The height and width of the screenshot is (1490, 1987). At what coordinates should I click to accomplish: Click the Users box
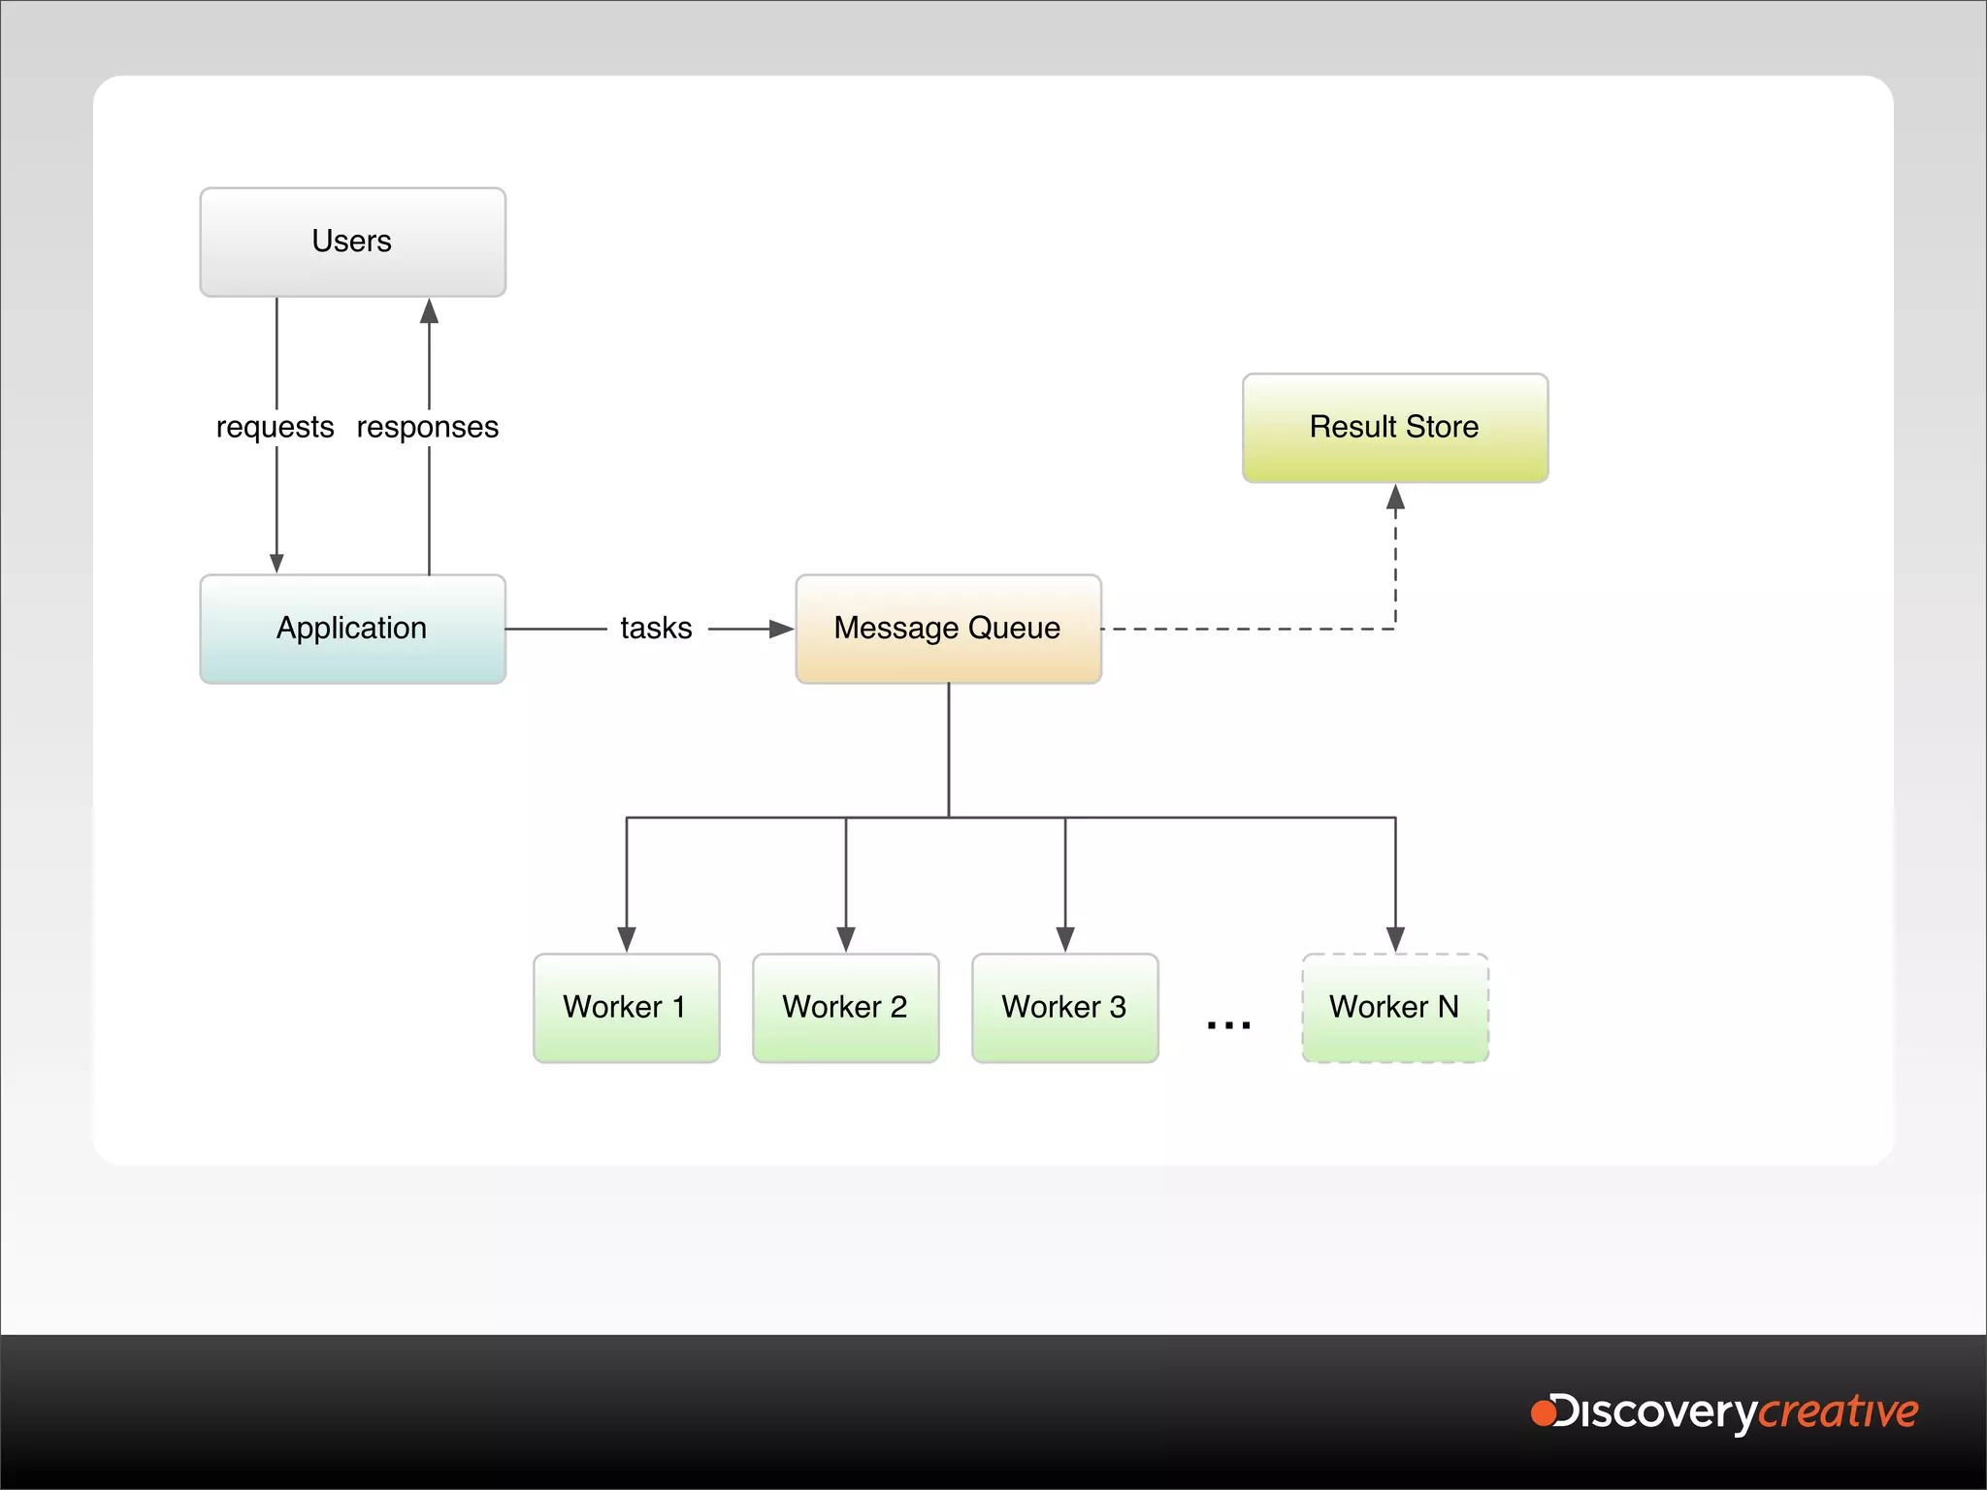(352, 242)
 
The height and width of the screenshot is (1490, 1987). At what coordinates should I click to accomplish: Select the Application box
(352, 629)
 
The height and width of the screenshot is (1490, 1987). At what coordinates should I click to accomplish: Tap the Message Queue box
(948, 629)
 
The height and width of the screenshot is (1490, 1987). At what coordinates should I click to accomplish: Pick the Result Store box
(1394, 428)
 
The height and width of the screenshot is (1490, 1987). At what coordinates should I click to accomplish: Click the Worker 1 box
(626, 1008)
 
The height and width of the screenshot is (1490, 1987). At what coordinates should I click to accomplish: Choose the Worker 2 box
(845, 1008)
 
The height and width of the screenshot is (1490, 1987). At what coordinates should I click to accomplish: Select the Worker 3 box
(1064, 1008)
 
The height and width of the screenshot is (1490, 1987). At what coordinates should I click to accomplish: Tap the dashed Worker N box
(1394, 1008)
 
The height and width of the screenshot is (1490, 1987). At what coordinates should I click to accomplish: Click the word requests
(275, 428)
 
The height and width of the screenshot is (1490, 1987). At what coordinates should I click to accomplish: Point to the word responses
(428, 428)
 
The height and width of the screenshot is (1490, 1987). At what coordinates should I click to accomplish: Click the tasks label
(656, 629)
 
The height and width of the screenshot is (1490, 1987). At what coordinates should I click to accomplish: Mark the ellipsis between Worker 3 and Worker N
(1228, 1024)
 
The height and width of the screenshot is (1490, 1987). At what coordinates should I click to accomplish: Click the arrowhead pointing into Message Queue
(781, 629)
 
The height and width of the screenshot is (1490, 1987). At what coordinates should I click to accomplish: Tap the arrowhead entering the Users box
(429, 311)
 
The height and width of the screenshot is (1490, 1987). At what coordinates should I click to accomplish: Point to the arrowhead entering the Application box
(277, 563)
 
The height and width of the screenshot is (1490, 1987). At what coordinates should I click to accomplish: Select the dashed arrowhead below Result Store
(1395, 498)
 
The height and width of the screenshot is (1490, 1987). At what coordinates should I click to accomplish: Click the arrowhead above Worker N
(1395, 939)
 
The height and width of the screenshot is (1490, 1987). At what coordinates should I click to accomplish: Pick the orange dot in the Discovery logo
(1543, 1412)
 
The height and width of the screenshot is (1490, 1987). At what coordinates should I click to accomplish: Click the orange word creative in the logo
(1839, 1412)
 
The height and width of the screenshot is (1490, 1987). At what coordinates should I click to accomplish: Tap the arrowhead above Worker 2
(846, 939)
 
